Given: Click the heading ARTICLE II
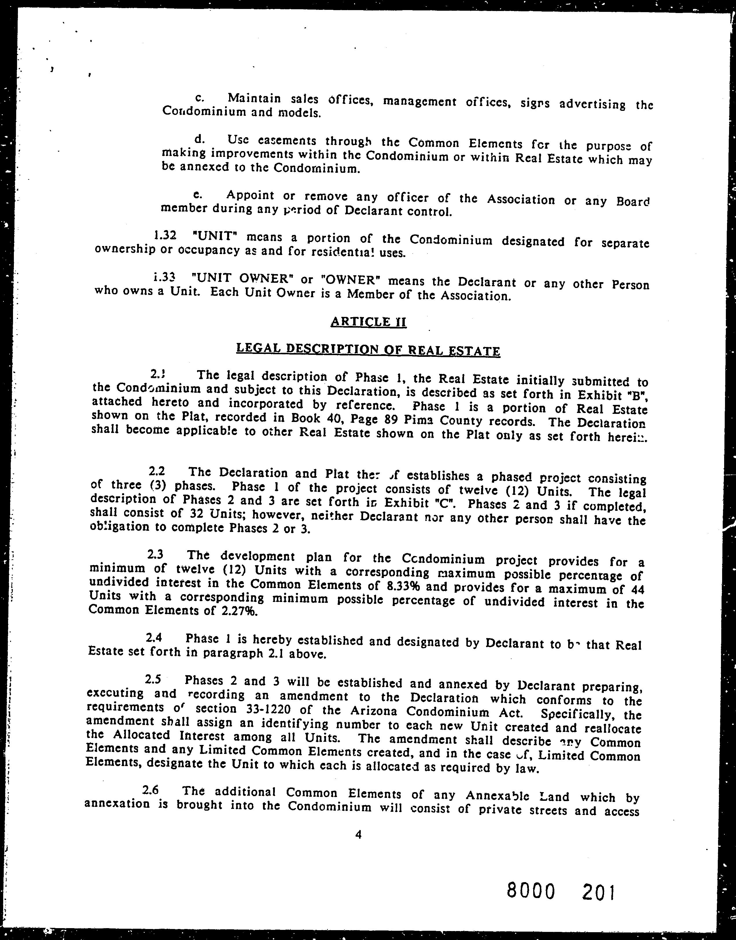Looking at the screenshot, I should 368,322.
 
